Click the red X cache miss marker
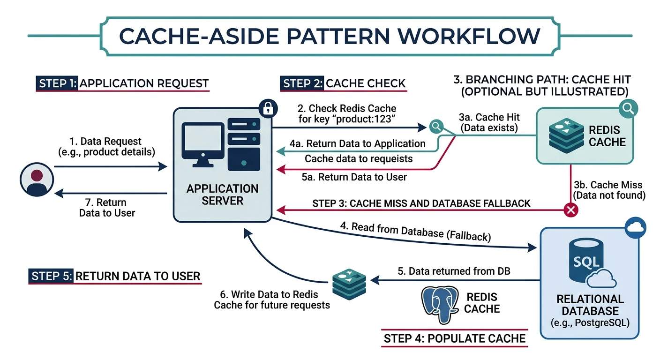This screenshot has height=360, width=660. click(570, 210)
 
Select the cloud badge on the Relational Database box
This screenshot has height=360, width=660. click(636, 228)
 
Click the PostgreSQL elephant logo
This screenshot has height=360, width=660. click(440, 303)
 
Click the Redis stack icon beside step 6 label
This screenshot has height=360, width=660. click(348, 282)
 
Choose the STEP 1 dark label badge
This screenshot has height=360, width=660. click(56, 83)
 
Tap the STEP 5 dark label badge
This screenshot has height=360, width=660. click(51, 276)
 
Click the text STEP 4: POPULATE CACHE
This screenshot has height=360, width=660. click(455, 338)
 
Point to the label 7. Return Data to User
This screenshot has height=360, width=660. click(107, 208)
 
